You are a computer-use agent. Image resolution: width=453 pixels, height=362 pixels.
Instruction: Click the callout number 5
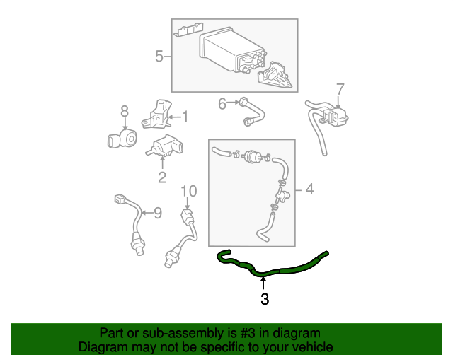(x=159, y=56)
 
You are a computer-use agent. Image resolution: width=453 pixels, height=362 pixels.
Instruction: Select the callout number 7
(x=340, y=89)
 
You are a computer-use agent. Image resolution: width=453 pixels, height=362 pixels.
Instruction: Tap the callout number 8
(x=124, y=111)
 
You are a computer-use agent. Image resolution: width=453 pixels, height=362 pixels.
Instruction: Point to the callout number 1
(x=185, y=117)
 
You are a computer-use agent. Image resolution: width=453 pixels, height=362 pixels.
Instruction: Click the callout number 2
(x=161, y=177)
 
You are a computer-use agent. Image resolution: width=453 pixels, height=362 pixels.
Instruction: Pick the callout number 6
(x=222, y=104)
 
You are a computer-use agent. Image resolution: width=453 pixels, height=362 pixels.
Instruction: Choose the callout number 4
(x=308, y=189)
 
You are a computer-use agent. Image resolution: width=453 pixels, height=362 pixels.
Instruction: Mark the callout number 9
(x=158, y=211)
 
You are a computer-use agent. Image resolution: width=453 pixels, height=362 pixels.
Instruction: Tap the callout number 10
(x=188, y=191)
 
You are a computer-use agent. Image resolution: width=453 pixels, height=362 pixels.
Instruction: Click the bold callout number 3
(x=264, y=299)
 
